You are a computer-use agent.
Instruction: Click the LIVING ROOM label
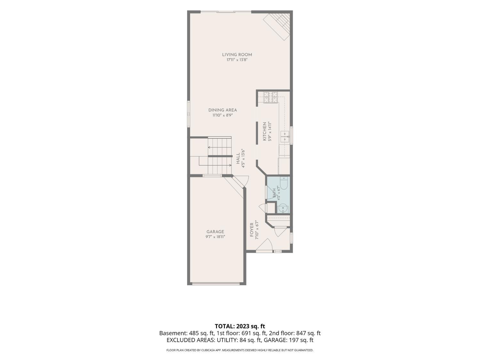237,55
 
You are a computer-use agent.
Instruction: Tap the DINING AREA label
223,110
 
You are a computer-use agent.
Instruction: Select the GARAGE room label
215,232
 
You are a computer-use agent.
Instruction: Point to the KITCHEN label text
264,131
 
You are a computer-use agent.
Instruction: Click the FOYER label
252,230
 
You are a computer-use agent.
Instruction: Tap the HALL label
238,159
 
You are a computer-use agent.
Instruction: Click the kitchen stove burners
270,98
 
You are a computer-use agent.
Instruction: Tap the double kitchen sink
285,136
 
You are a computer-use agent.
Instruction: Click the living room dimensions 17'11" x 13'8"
237,60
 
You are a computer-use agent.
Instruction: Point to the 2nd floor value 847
300,333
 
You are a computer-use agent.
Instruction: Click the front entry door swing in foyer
264,245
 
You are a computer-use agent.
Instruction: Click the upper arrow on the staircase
220,147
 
